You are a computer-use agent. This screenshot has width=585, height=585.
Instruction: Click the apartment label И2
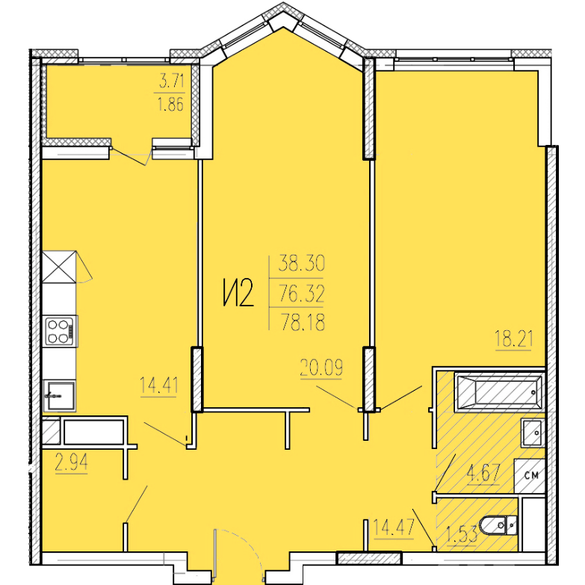coord(239,293)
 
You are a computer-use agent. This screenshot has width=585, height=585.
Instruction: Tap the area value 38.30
coord(302,263)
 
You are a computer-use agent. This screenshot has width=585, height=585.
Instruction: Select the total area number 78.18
coord(303,322)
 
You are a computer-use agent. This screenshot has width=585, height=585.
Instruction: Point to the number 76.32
coord(302,293)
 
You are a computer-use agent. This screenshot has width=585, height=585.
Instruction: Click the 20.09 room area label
coord(321,368)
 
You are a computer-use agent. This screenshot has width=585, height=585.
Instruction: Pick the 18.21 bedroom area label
coord(514,338)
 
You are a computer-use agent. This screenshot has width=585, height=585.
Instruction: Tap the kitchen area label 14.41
coord(158,385)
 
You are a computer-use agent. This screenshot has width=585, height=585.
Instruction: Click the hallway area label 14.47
coord(394,527)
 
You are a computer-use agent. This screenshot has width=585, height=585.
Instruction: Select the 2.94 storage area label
coord(71,462)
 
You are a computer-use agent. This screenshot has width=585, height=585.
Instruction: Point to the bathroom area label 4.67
coord(483,474)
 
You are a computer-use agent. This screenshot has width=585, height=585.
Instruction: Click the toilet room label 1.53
coord(462,536)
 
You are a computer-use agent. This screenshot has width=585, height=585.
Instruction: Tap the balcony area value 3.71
coord(172,81)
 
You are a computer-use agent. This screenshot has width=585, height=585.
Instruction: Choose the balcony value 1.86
coord(171,105)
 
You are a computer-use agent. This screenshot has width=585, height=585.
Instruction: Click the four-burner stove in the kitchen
coord(60,331)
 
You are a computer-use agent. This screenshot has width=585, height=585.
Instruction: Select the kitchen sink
coord(59,395)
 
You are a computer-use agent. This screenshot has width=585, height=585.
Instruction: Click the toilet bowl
coord(498,526)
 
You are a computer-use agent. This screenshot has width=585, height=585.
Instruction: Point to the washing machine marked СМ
coord(530,475)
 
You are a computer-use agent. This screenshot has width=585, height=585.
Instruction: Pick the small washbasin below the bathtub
coord(532,432)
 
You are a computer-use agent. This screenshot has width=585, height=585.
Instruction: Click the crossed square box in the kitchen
coord(59,267)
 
